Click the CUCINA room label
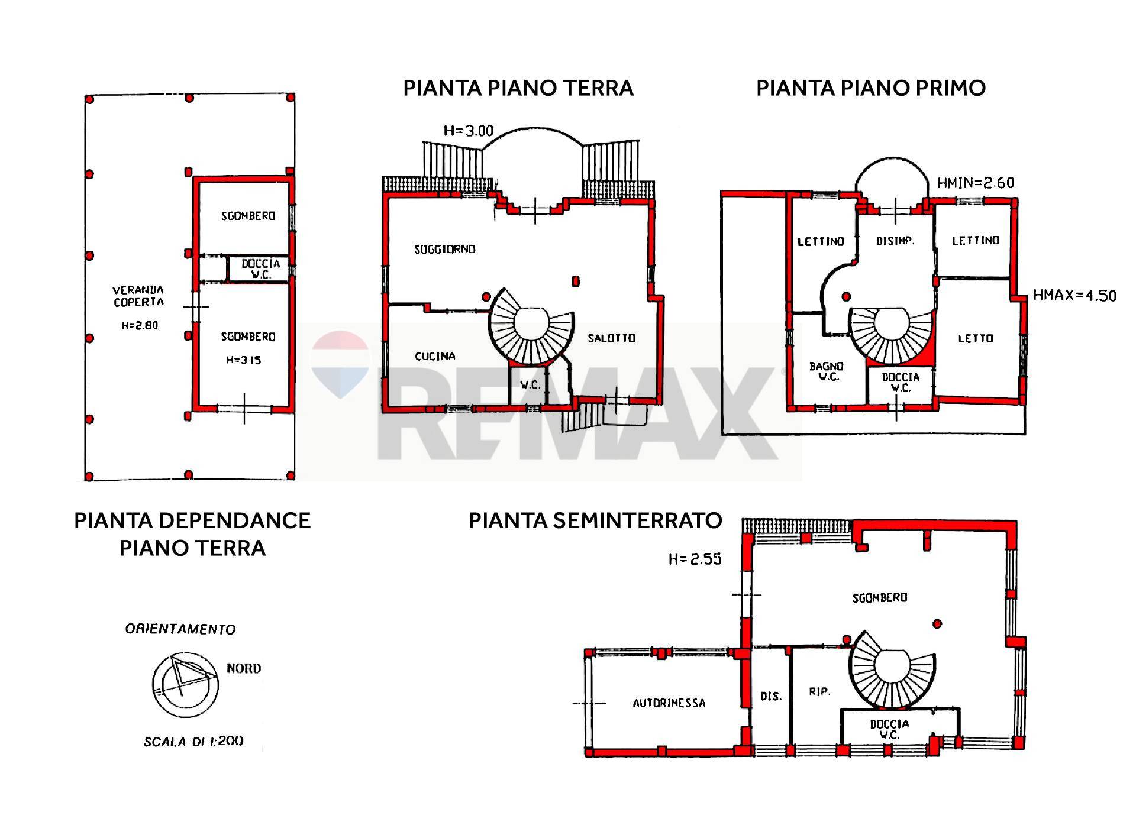435,356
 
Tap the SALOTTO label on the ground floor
611,338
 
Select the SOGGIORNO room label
445,250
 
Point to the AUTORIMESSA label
669,703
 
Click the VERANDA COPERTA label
138,296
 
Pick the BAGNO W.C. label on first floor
827,372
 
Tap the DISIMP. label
895,241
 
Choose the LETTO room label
976,339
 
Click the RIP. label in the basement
819,691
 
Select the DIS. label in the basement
771,697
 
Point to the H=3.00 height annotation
469,131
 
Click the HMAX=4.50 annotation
1074,295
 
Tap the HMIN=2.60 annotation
976,183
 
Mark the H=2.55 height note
695,559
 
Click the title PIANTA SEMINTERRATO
595,520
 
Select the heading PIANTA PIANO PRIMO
871,88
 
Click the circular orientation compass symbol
185,684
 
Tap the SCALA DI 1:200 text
193,741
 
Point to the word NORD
244,669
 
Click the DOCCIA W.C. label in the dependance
261,270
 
